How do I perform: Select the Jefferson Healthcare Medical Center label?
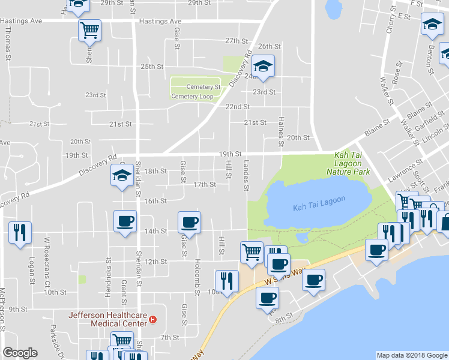tap(107, 319)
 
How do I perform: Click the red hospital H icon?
tap(153, 320)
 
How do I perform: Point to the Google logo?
tap(20, 353)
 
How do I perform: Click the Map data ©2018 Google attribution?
tap(412, 355)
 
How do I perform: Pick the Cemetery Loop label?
tap(192, 96)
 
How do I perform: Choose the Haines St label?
tap(280, 132)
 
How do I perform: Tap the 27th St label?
tap(237, 41)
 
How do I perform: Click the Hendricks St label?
tap(109, 271)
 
